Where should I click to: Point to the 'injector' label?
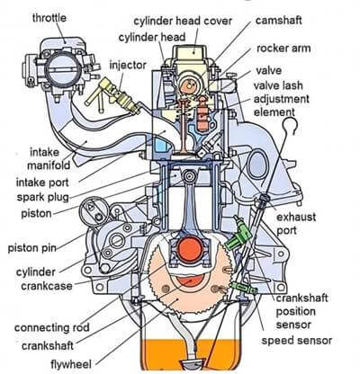tap(127, 66)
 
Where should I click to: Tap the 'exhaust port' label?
tap(296, 224)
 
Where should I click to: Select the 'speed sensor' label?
tap(297, 341)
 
